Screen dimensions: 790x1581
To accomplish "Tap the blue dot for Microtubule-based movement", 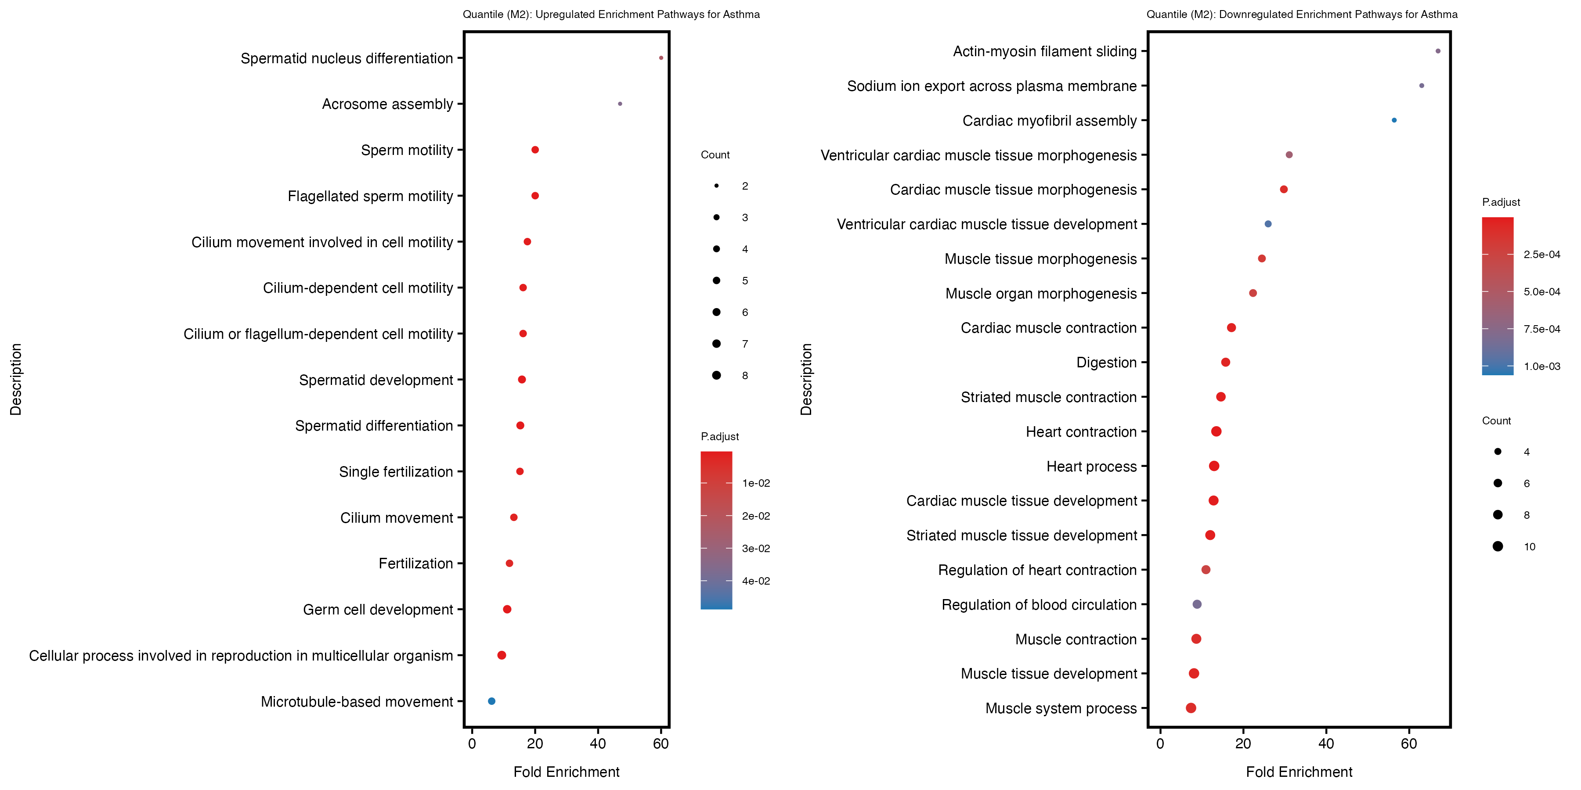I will coord(491,701).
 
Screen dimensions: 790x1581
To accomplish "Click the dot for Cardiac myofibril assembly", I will coord(1394,120).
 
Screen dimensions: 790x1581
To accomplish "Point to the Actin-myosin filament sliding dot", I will coord(1438,51).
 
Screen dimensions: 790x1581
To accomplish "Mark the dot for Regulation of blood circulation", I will coord(1197,604).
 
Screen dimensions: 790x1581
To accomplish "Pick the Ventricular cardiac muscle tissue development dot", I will coord(1268,224).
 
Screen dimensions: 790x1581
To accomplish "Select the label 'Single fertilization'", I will coord(396,472).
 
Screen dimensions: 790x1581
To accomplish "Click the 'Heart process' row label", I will coord(1091,467).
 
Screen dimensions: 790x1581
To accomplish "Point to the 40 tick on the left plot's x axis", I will coord(598,744).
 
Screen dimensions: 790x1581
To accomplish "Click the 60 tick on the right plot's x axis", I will coord(1409,744).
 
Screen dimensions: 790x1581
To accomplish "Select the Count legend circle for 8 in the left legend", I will coord(716,375).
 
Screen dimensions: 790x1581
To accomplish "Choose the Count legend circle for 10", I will coord(1498,546).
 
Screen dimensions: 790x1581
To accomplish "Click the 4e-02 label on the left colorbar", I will coord(755,581).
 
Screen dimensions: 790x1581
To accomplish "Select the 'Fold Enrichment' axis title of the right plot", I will coord(1299,772).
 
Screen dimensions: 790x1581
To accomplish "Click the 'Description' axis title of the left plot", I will coord(16,380).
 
